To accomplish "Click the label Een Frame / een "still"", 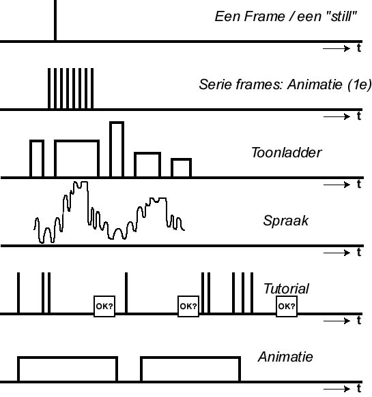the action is pyautogui.click(x=286, y=17).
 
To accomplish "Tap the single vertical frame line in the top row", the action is pyautogui.click(x=55, y=20).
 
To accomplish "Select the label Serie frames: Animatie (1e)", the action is pyautogui.click(x=285, y=84).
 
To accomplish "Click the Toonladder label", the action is pyautogui.click(x=287, y=153).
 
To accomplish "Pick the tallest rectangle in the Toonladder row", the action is pyautogui.click(x=117, y=123).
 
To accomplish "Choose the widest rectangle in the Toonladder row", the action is pyautogui.click(x=76, y=141).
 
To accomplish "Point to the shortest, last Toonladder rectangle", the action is pyautogui.click(x=181, y=160).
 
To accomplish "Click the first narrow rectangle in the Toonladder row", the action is pyautogui.click(x=37, y=141).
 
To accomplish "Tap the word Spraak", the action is pyautogui.click(x=286, y=221).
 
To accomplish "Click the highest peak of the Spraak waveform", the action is pyautogui.click(x=81, y=182).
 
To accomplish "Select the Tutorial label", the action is pyautogui.click(x=286, y=289).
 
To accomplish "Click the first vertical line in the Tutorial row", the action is pyautogui.click(x=18, y=293).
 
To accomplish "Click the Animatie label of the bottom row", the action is pyautogui.click(x=285, y=357).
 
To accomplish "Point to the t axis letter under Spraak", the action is pyautogui.click(x=359, y=252).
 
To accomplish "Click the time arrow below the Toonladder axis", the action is pyautogui.click(x=337, y=185).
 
